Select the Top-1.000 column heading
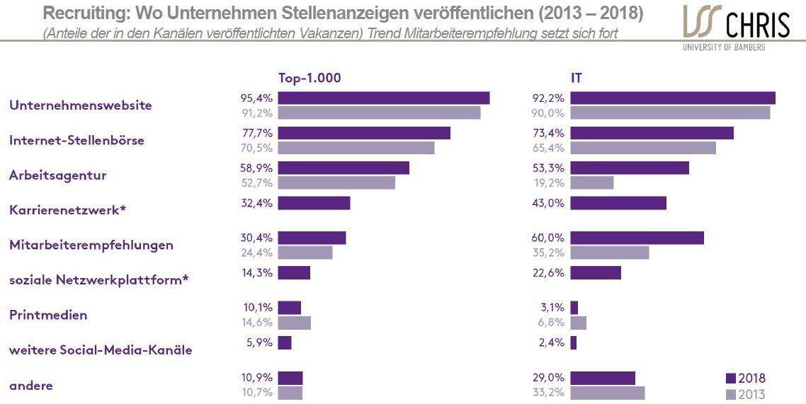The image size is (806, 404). tap(310, 79)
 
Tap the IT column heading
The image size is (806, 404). tap(577, 79)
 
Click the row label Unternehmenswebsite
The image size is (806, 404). tap(81, 105)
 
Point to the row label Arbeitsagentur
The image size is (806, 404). tap(57, 175)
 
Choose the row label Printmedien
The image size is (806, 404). tap(48, 315)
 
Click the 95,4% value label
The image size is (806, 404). tap(256, 98)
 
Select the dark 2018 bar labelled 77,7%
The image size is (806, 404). tap(364, 133)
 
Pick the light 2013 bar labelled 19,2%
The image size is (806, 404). tap(591, 183)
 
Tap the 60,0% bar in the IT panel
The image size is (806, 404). tap(637, 238)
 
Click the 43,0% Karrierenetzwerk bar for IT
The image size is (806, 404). tap(618, 203)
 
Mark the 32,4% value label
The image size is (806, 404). tap(256, 203)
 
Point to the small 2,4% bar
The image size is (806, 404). tap(574, 343)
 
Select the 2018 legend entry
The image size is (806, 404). tap(746, 379)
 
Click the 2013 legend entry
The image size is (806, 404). tap(746, 394)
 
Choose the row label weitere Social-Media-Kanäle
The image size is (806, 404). tap(101, 350)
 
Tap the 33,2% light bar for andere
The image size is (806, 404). tap(608, 393)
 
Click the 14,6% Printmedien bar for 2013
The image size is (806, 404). tap(294, 323)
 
